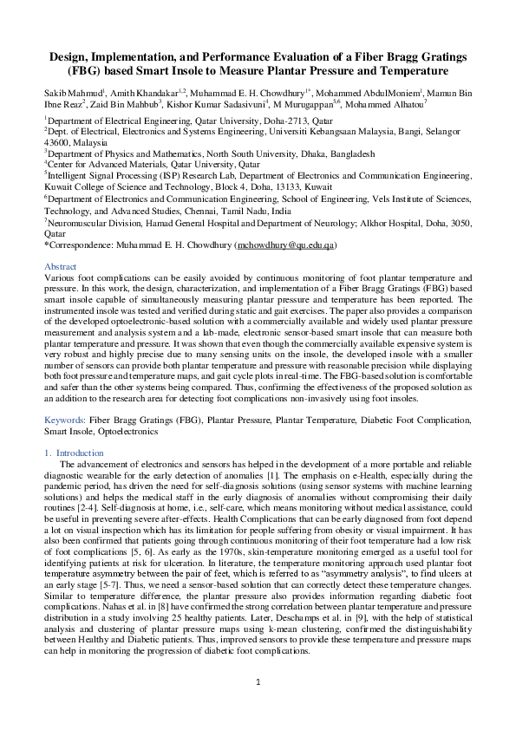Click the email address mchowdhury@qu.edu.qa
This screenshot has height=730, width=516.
point(285,246)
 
